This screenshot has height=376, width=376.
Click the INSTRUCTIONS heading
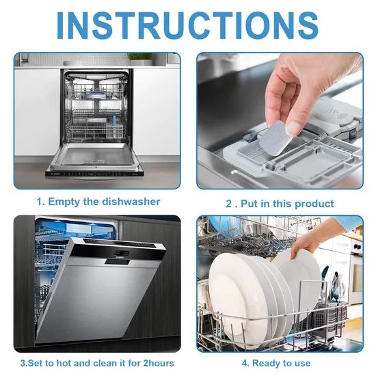coord(188,25)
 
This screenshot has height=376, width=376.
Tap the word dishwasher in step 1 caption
coord(131,202)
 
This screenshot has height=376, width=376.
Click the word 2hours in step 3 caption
coord(159,363)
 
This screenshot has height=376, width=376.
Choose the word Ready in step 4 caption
coord(265,364)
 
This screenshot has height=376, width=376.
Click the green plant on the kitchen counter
coord(140,57)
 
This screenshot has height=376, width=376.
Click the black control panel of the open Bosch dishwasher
coord(95,174)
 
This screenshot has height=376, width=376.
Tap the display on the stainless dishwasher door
coord(122,253)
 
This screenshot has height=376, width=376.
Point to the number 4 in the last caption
coord(244,363)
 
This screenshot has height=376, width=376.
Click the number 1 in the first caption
coord(39,202)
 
